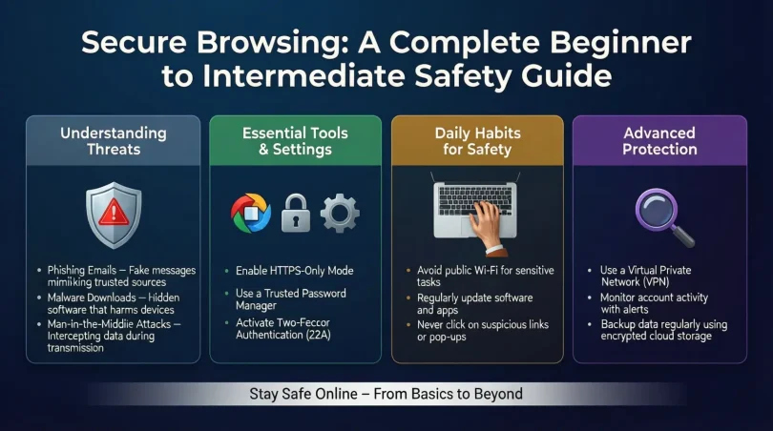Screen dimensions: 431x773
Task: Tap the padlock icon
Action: point(295,212)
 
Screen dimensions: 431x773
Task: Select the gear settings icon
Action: point(340,212)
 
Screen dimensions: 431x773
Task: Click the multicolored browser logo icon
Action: point(251,212)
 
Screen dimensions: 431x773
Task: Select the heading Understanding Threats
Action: point(113,141)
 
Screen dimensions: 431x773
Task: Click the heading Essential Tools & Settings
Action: point(295,141)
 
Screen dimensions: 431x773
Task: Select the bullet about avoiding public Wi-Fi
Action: point(485,277)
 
